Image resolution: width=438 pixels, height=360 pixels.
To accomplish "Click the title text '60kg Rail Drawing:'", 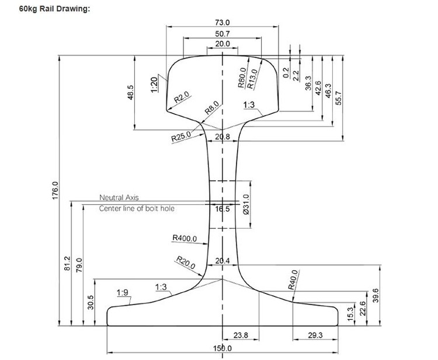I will [47, 9].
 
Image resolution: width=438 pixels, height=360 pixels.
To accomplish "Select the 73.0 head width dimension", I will [223, 22].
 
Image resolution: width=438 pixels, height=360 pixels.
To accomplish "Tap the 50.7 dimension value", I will [223, 34].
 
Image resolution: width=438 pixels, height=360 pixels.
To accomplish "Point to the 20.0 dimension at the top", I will [223, 44].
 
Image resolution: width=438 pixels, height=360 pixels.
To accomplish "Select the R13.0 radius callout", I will [252, 78].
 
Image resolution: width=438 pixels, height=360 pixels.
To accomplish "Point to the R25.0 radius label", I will [181, 138].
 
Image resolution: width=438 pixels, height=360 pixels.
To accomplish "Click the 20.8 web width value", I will [223, 137].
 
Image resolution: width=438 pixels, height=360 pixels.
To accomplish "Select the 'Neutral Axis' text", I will [119, 198].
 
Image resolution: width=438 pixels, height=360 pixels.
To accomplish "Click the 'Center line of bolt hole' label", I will [137, 208].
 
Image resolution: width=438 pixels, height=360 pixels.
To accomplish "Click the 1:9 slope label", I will [123, 292].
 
